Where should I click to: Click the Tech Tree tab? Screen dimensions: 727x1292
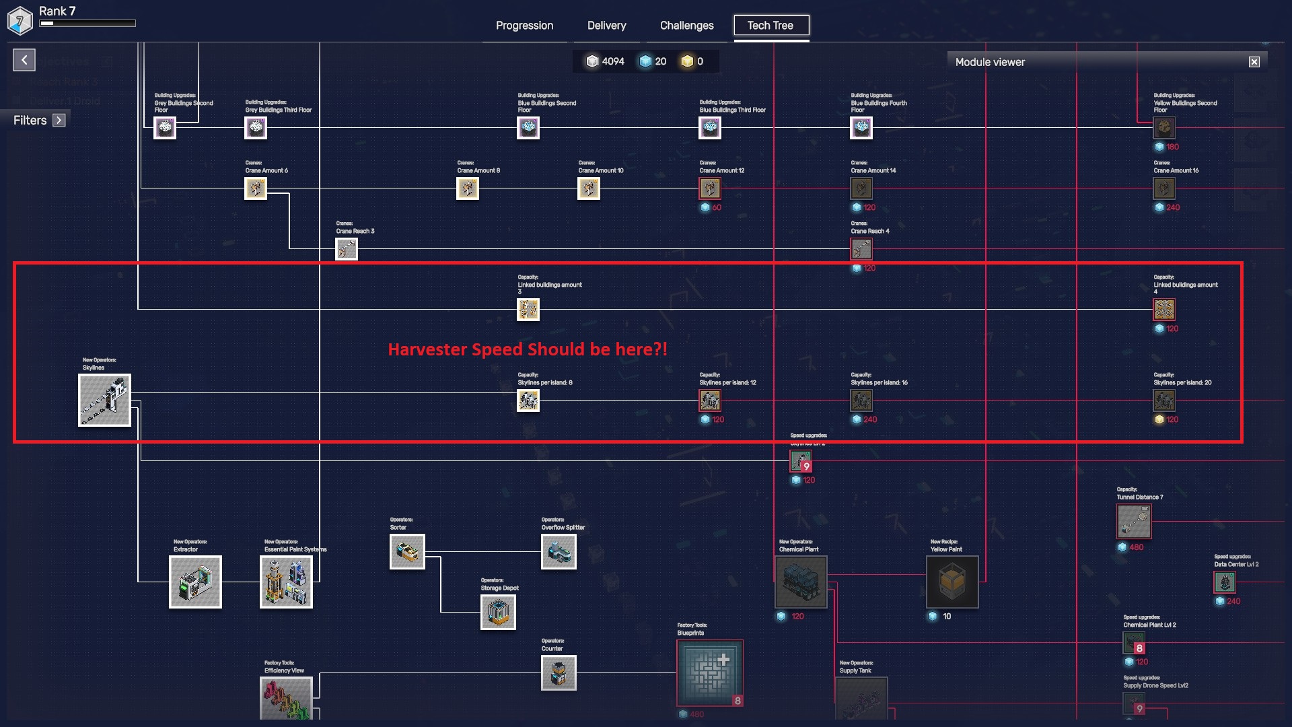[x=770, y=26]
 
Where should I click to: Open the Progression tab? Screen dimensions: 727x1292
[x=524, y=26]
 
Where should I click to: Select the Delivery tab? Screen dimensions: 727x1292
[x=606, y=26]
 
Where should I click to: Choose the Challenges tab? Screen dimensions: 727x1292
[x=686, y=26]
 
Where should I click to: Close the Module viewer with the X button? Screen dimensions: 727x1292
[x=1254, y=62]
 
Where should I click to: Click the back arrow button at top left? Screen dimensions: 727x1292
[x=24, y=60]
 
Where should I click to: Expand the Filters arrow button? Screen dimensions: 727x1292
[x=59, y=120]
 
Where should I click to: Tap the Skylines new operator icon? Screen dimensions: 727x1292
[x=104, y=401]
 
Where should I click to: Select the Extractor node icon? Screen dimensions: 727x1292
[x=195, y=582]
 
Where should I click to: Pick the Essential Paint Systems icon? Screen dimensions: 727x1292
[x=286, y=582]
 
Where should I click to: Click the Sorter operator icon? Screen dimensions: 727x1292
[x=407, y=551]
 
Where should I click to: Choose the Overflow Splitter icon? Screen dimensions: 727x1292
[x=559, y=551]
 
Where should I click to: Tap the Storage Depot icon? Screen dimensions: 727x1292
[x=498, y=612]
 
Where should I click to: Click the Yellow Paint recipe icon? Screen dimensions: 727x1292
[x=952, y=582]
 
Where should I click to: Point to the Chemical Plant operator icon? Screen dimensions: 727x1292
[x=801, y=582]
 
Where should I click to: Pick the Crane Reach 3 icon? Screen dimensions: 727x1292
[x=347, y=249]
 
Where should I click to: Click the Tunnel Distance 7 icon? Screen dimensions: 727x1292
[x=1134, y=521]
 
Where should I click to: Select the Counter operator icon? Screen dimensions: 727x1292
[x=559, y=672]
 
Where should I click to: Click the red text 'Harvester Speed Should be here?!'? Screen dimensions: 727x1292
[x=528, y=349]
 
